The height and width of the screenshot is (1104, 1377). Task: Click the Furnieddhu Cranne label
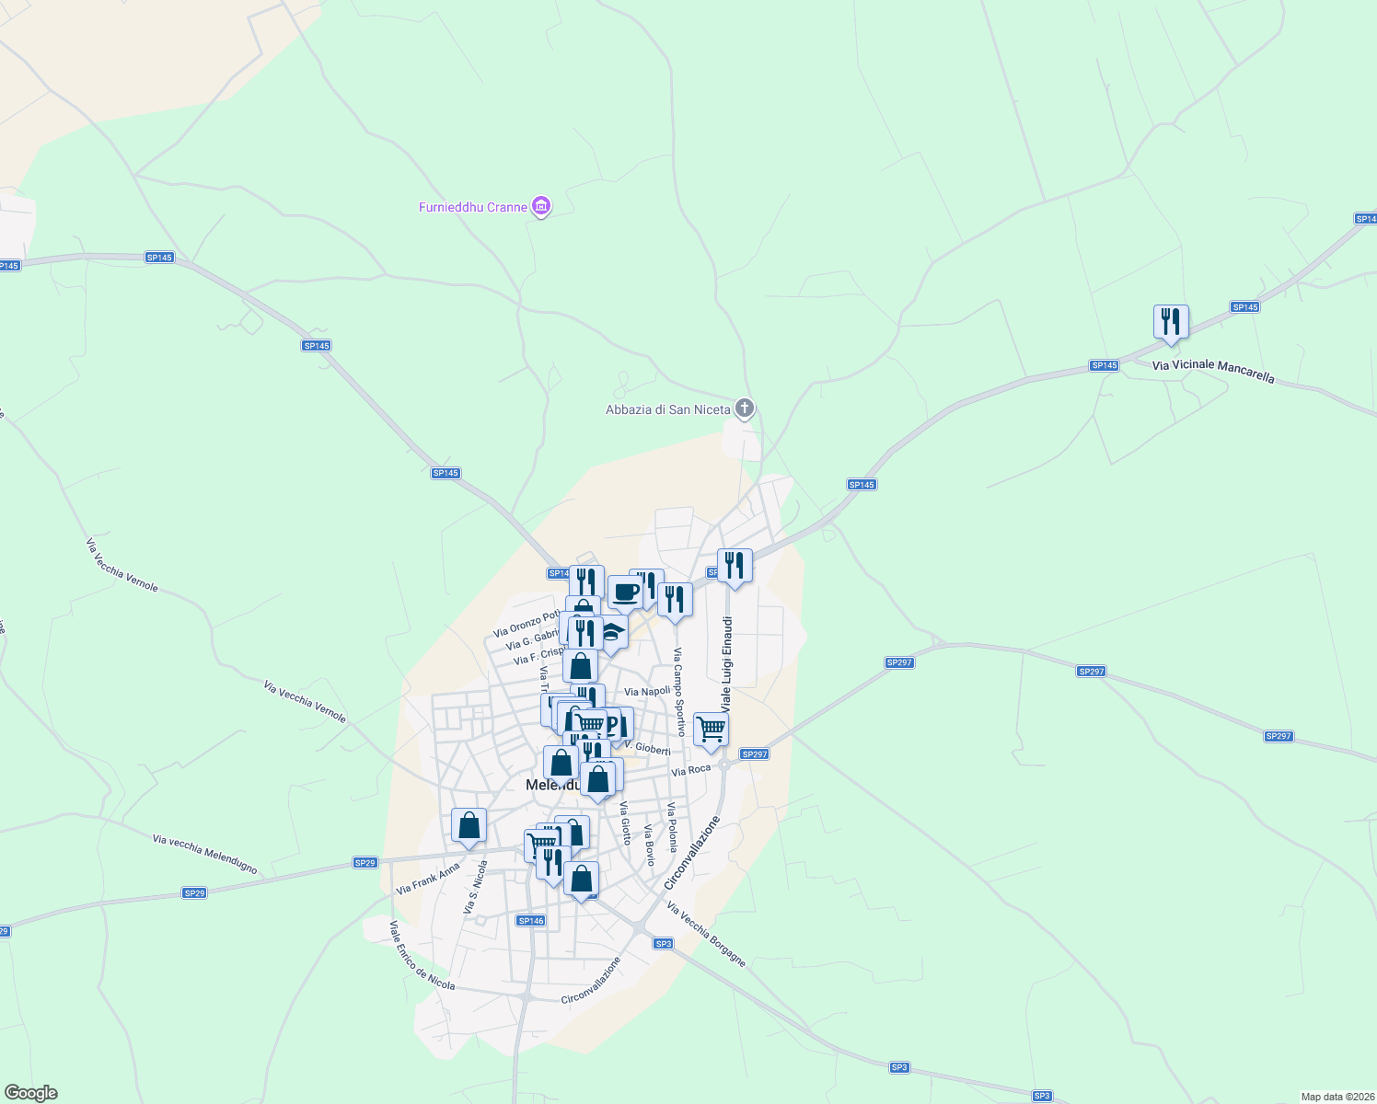473,207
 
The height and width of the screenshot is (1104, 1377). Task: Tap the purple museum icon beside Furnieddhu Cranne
542,206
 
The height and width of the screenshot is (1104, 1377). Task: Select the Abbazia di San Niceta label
667,409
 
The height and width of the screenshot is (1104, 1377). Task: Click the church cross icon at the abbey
745,408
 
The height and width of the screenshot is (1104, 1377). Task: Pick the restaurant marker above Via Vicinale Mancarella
1171,322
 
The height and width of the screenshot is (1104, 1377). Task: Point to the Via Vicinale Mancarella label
1213,371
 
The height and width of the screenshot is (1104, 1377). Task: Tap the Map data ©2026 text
1336,1097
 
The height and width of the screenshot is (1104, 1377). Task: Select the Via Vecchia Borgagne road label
706,935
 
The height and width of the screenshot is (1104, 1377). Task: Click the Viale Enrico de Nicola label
422,955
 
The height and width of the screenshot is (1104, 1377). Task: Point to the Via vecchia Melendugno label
204,854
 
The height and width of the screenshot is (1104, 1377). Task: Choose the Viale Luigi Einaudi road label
726,664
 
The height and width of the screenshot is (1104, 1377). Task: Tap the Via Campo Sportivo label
678,692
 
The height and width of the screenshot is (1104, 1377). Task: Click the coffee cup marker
625,592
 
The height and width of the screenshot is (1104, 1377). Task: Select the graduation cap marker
613,633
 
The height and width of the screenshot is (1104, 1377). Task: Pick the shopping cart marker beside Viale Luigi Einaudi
711,730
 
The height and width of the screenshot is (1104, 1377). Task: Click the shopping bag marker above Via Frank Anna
469,825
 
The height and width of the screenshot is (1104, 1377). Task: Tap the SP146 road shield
531,920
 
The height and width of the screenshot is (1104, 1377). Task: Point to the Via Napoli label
647,691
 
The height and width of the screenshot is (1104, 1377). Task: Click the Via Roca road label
691,770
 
